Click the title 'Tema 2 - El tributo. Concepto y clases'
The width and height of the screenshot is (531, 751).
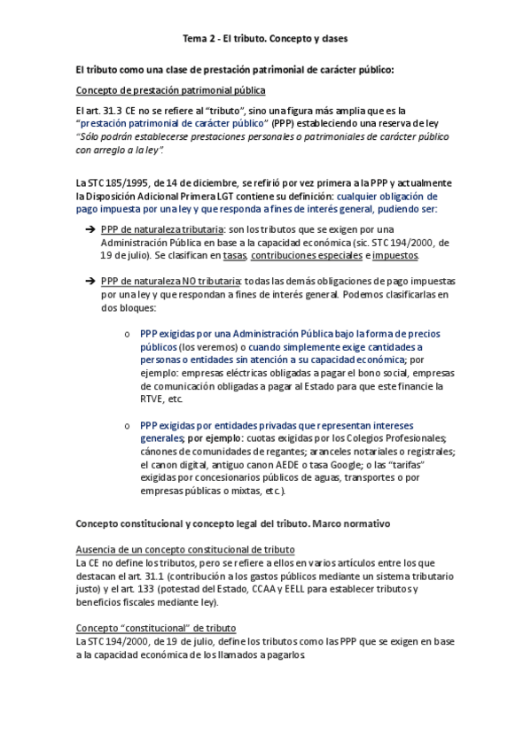click(x=265, y=40)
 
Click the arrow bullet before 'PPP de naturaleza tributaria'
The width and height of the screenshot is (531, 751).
click(x=90, y=229)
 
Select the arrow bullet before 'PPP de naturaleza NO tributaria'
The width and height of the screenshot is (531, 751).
click(x=90, y=281)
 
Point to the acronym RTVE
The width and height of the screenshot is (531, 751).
click(x=153, y=399)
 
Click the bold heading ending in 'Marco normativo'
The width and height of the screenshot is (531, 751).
click(x=233, y=523)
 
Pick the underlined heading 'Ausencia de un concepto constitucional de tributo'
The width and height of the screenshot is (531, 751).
click(x=185, y=550)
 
